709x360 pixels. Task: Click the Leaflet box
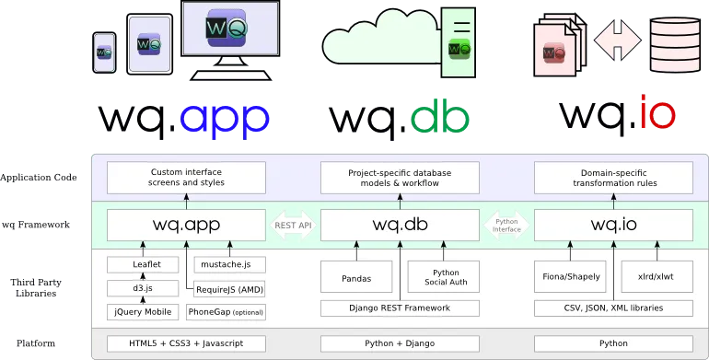click(x=142, y=264)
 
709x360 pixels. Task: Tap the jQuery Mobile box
click(x=142, y=312)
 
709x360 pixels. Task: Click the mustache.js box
click(x=227, y=264)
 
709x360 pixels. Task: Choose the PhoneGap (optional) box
click(x=226, y=312)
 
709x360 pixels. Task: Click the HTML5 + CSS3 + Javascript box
click(x=186, y=343)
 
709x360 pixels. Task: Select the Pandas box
click(x=355, y=276)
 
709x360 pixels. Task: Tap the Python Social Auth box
click(x=445, y=276)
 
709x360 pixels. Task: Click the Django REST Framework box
click(x=400, y=308)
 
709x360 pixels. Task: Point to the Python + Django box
click(x=400, y=343)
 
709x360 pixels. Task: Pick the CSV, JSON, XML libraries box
click(x=613, y=308)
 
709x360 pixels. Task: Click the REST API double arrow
click(x=293, y=225)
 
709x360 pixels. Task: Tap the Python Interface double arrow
click(x=506, y=225)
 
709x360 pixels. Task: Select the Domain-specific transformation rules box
click(x=613, y=177)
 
